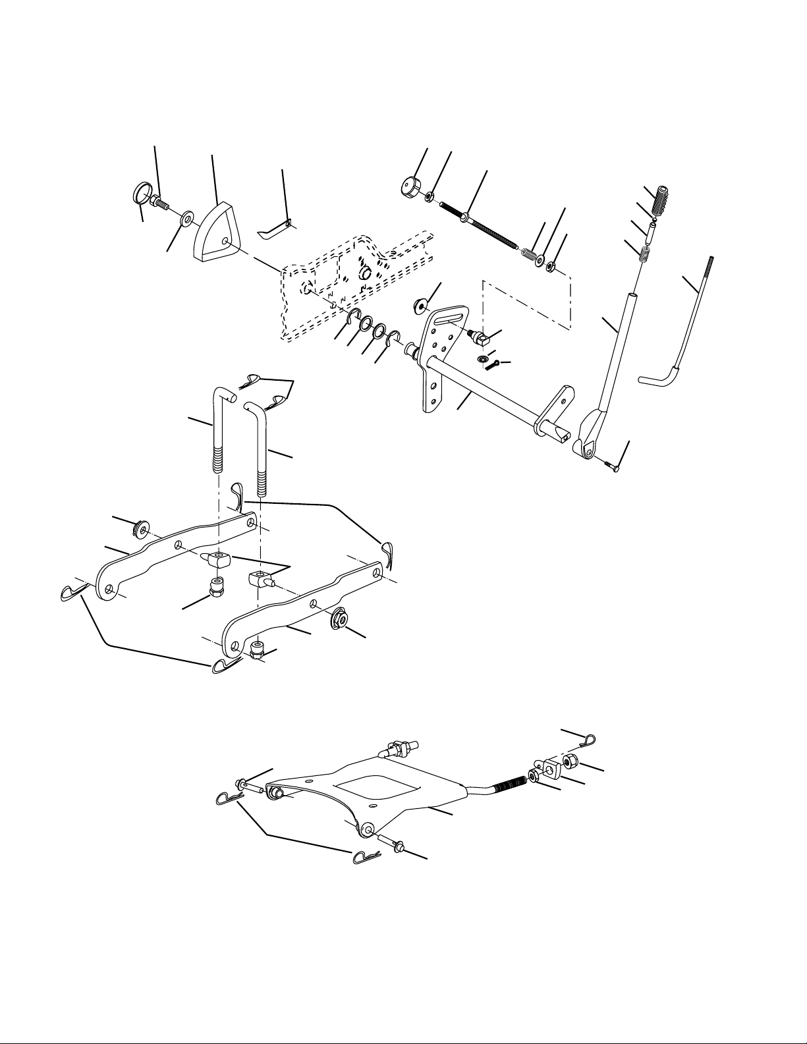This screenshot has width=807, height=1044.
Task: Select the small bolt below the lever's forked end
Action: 610,466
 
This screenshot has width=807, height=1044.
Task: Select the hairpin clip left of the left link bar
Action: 69,593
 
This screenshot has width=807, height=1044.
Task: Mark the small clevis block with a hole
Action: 547,767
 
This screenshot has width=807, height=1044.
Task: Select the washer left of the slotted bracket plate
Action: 420,306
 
